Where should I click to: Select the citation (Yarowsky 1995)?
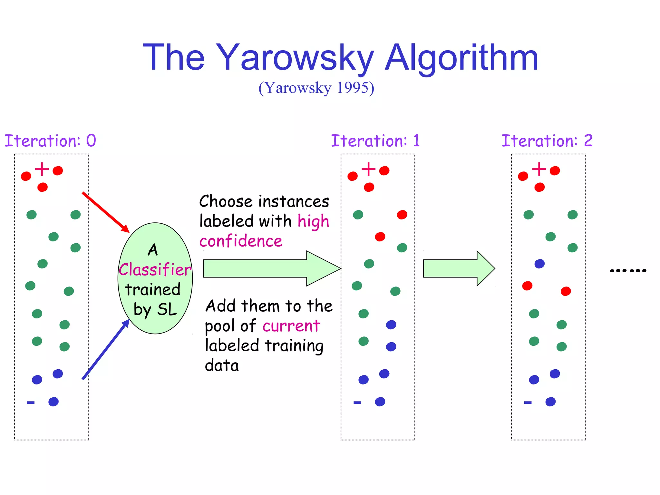click(316, 88)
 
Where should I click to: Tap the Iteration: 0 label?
click(50, 141)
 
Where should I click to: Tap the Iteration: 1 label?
click(375, 141)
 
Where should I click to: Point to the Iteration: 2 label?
click(547, 141)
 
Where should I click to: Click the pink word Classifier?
click(155, 269)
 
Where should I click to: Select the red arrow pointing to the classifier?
click(106, 212)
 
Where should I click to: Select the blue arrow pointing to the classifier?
click(106, 349)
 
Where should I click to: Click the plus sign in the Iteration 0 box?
click(42, 169)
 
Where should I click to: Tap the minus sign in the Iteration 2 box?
click(528, 403)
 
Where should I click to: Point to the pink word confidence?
click(241, 241)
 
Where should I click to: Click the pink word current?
click(291, 326)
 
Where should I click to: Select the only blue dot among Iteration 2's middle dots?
click(539, 264)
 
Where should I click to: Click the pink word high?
click(313, 221)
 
